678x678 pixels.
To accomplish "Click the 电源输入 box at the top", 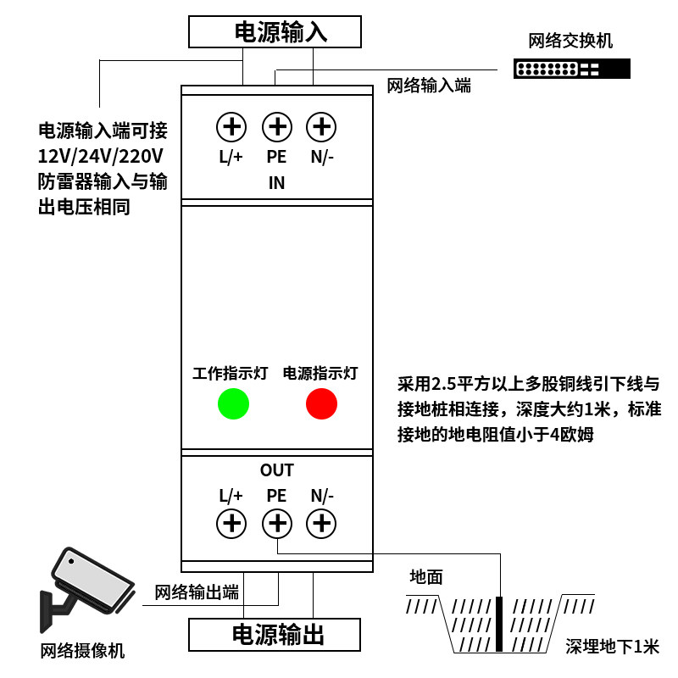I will pos(275,32).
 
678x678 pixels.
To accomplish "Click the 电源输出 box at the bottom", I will pos(275,634).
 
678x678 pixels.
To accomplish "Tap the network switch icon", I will pos(572,69).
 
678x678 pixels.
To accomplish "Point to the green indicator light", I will pos(233,403).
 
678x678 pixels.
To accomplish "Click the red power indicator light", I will pos(321,403).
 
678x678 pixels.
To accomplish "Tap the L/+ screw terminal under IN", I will pos(231,127).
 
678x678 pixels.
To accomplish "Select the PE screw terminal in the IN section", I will pos(276,127).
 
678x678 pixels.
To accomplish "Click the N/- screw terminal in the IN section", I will pos(321,127).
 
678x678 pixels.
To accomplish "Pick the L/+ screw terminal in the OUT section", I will pos(231,523).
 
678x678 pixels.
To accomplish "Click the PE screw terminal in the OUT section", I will pos(276,523).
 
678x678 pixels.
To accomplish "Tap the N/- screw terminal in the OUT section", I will pos(321,523).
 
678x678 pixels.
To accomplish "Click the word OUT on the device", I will pos(276,470).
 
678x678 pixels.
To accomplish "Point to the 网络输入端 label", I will pos(429,85).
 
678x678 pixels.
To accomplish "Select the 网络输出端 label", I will pos(197,592).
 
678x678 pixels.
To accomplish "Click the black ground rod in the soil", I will pos(500,625).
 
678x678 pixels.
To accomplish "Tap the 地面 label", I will pos(426,577).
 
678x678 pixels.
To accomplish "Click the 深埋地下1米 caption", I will pos(612,647).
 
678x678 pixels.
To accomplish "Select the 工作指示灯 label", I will pos(231,373).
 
